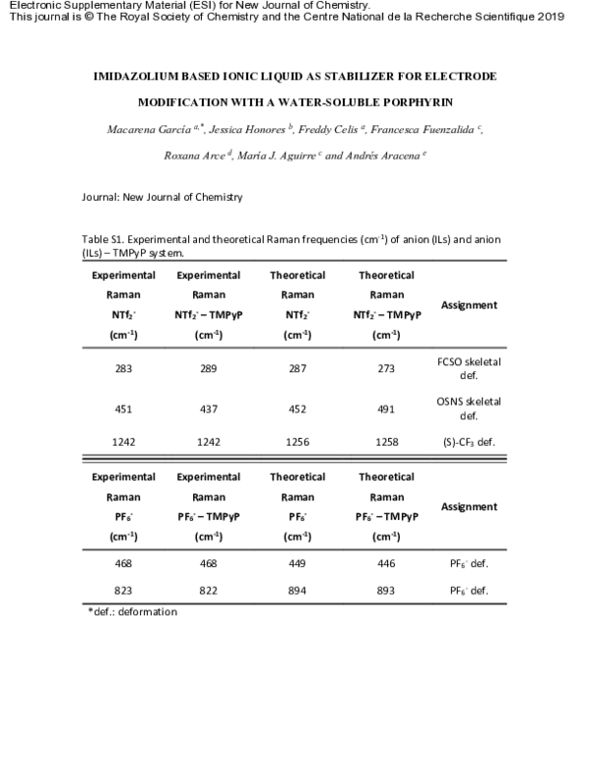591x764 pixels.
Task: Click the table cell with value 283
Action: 123,368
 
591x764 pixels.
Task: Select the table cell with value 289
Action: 208,368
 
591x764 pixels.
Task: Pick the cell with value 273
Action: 386,368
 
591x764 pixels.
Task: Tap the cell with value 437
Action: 208,408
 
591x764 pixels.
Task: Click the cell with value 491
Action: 386,408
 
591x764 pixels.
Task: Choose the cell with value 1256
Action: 297,442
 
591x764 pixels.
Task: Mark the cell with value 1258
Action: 386,442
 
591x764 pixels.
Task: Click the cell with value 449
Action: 297,564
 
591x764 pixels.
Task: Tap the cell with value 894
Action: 297,591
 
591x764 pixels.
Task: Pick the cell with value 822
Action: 208,591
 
